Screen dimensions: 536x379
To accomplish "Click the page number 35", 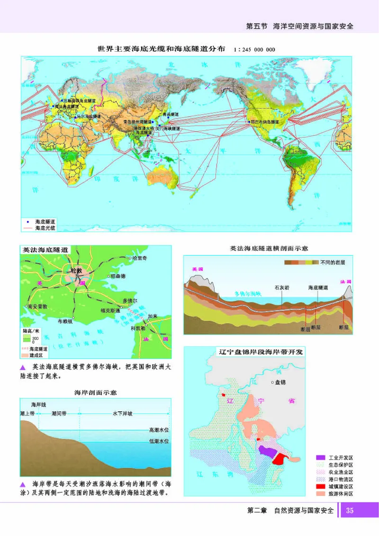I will (350, 511).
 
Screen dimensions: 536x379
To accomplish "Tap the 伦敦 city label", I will (76, 271).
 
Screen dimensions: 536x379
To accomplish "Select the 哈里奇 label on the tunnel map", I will (141, 258).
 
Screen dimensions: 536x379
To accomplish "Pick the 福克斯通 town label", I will (110, 311).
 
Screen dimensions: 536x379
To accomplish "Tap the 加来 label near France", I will (152, 316).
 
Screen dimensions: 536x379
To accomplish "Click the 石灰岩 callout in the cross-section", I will (282, 287).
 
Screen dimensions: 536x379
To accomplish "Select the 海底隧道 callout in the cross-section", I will (317, 287).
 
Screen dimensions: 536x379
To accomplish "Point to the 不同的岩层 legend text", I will (334, 262).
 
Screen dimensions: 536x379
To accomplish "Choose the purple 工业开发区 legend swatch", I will (321, 458).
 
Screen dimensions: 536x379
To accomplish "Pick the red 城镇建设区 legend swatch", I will (321, 487).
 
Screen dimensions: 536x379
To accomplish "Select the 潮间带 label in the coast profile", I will (59, 414).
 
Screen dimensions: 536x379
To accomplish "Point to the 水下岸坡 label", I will (122, 414).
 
